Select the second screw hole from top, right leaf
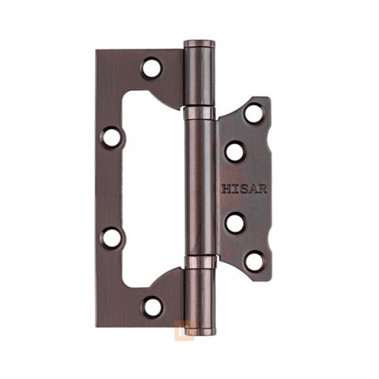(x=235, y=152)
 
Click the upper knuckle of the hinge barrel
(x=199, y=74)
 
